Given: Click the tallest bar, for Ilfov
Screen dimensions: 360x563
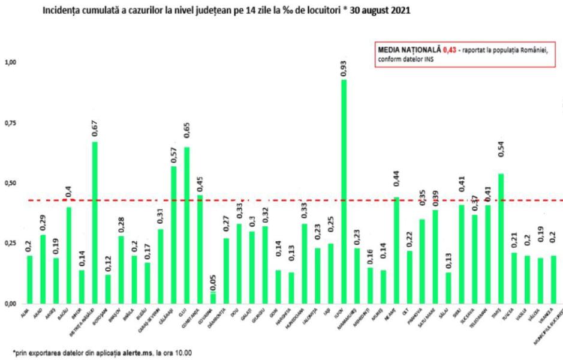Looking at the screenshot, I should click(344, 192).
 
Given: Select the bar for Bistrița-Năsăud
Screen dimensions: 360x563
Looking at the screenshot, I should click(95, 223).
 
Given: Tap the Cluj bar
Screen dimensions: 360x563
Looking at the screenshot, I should click(186, 225).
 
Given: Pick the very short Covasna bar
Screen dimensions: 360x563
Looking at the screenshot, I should click(213, 298).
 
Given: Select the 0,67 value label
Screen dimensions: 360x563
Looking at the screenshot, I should click(95, 128).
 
